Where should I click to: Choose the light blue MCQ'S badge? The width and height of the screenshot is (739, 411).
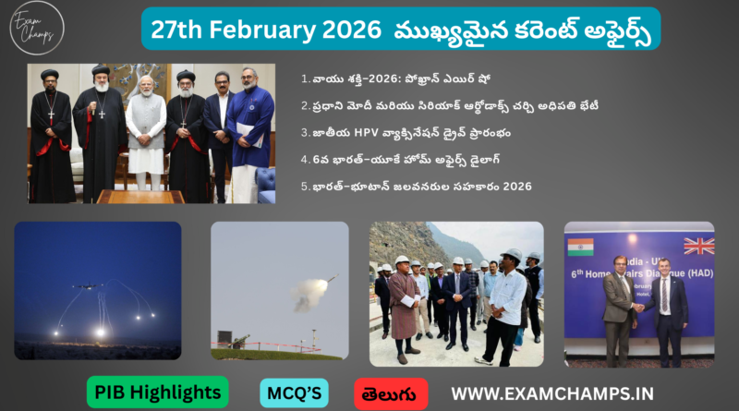coord(294,393)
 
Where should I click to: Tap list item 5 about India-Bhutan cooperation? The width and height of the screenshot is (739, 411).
coord(416,187)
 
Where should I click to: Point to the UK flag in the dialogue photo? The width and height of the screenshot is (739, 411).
coord(698,246)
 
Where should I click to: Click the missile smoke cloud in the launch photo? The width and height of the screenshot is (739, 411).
coord(309,295)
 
